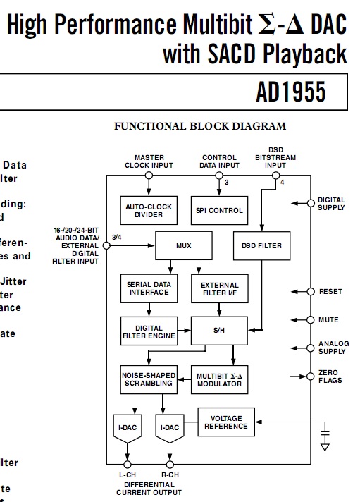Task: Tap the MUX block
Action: pyautogui.click(x=184, y=246)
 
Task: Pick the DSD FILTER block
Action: pyautogui.click(x=261, y=246)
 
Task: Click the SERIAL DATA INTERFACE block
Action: pyautogui.click(x=149, y=288)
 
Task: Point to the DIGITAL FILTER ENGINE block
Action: pyautogui.click(x=149, y=331)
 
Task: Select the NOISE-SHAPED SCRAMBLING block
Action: pyautogui.click(x=149, y=379)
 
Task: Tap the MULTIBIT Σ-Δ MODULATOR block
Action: pyautogui.click(x=219, y=379)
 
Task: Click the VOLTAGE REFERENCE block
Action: pyautogui.click(x=226, y=422)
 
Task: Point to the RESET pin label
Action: pyautogui.click(x=330, y=291)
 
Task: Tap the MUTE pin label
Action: pyautogui.click(x=328, y=319)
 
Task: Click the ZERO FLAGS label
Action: pyautogui.click(x=328, y=376)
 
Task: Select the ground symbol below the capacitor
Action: pyautogui.click(x=325, y=446)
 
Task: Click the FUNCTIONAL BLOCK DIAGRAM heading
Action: pyautogui.click(x=200, y=127)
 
